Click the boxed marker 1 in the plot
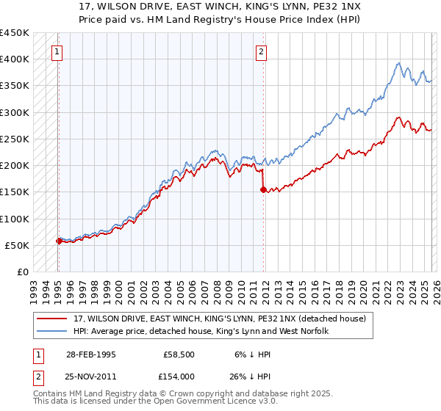pos(57,51)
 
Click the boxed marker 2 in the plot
pos(261,51)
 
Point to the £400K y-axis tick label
pos(15,59)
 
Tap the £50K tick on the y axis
pos(18,245)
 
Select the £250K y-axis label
pos(15,139)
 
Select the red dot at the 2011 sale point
pos(263,189)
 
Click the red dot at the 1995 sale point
pos(59,240)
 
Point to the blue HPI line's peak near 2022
pos(398,63)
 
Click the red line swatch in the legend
pos(52,318)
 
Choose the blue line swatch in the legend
pos(52,331)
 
